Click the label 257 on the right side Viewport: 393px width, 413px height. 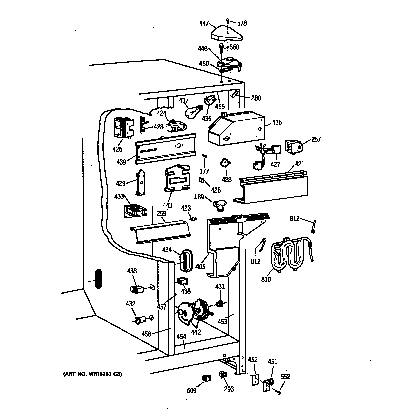(x=316, y=139)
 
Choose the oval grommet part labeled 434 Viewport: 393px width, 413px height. (x=184, y=259)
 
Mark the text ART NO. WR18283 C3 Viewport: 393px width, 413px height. (x=92, y=374)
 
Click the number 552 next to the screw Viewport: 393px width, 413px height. (x=285, y=377)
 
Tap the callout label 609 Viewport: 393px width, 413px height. (x=192, y=390)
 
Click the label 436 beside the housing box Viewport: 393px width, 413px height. (x=277, y=122)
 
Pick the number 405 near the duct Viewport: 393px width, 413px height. (x=200, y=267)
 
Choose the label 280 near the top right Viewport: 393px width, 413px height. (x=256, y=98)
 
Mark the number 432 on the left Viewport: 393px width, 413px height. (x=130, y=304)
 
